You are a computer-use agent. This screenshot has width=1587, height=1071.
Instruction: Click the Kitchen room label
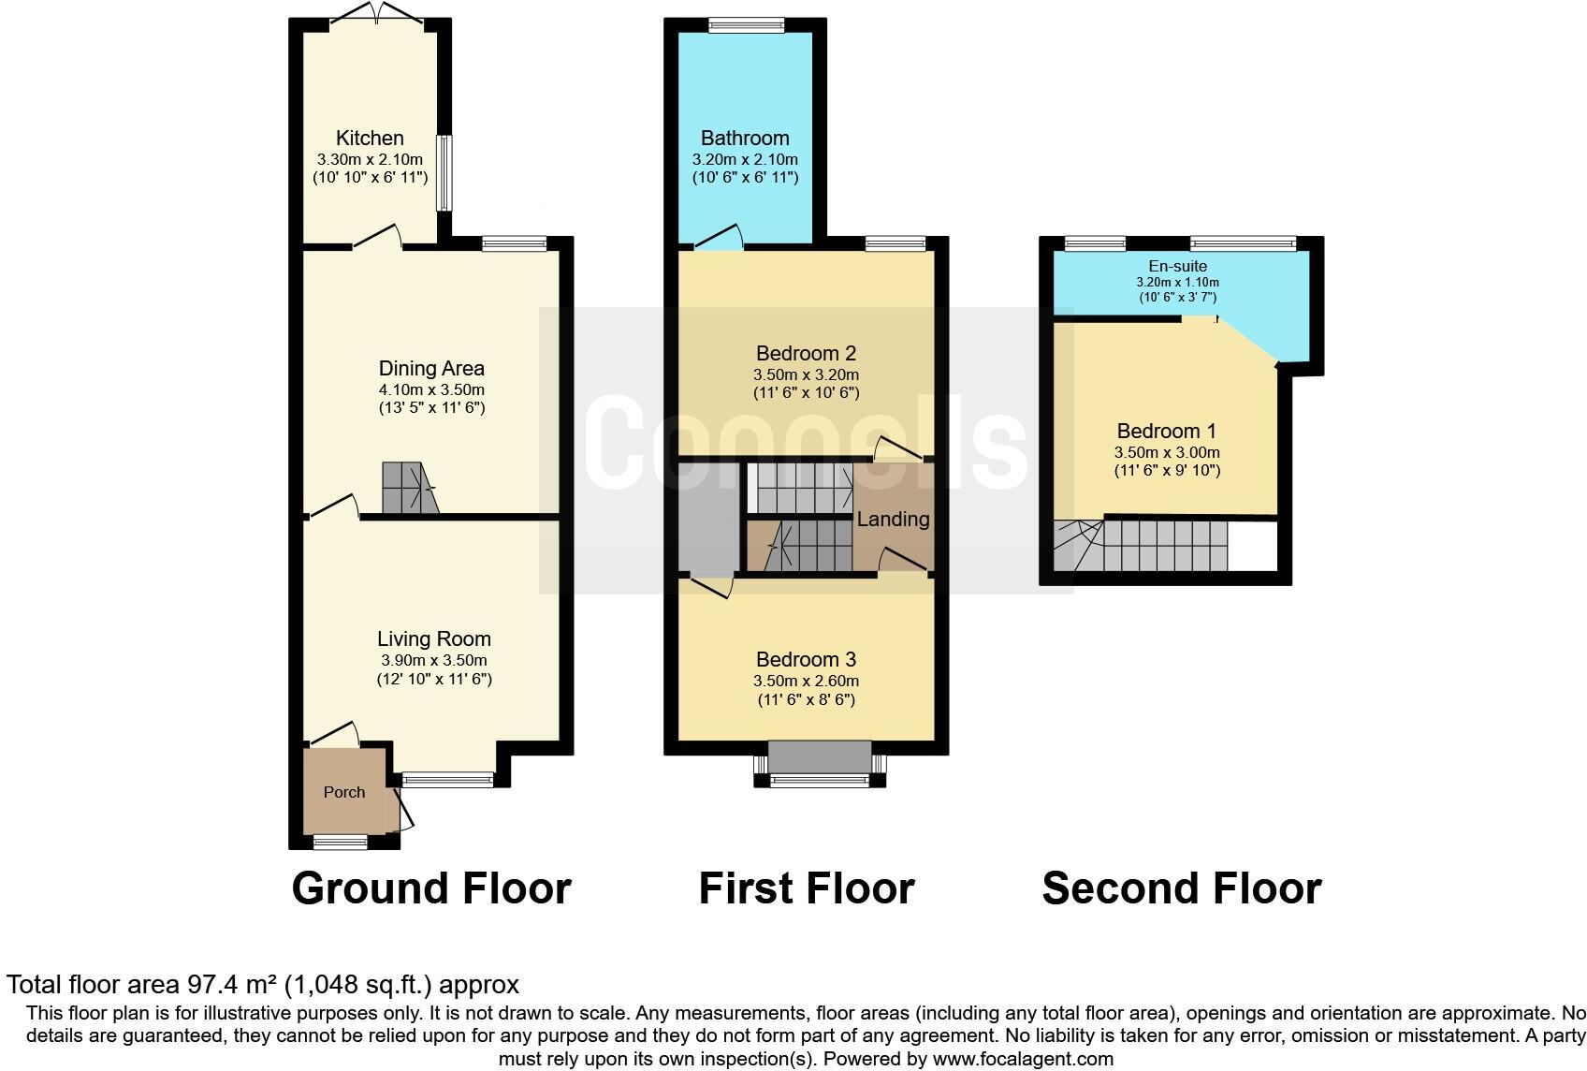coord(370,139)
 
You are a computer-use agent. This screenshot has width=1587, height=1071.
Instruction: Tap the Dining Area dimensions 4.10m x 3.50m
coord(431,389)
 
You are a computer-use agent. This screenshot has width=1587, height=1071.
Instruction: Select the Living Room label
coord(433,639)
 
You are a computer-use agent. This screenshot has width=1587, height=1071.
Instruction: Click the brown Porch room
coord(344,792)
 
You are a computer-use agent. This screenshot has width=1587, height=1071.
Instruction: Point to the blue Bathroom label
coord(745,139)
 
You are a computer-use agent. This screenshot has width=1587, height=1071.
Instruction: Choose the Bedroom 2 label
coord(806,354)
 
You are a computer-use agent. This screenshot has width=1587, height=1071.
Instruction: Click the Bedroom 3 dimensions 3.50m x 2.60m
coord(806,682)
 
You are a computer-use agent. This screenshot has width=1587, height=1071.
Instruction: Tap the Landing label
coord(893,520)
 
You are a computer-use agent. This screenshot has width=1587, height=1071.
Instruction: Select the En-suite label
coord(1177,267)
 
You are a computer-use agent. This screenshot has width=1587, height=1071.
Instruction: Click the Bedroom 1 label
coord(1166,432)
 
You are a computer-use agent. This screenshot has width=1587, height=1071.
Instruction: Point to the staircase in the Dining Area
coord(409,488)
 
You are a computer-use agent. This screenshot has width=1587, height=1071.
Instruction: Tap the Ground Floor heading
coord(431,888)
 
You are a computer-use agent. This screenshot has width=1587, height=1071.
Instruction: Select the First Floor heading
coord(806,888)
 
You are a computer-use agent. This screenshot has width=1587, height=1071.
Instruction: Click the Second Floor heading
coord(1181,888)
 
